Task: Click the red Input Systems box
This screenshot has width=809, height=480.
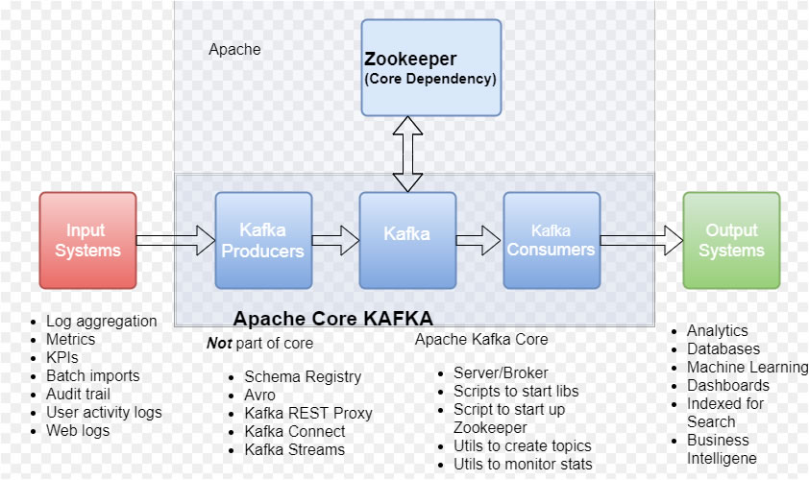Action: coord(87,240)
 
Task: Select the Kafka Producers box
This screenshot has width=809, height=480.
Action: coord(263,240)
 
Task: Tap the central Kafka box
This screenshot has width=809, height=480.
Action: coord(407,240)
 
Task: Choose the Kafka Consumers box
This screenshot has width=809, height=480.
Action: coord(552,240)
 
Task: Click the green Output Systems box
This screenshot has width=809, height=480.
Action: coord(731,240)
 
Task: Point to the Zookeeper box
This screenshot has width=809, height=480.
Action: coord(431,67)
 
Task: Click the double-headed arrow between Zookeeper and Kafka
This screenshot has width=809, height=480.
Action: coord(407,154)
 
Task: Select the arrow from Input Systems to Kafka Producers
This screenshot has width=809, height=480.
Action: coord(175,240)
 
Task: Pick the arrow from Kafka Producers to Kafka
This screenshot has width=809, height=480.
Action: coord(335,240)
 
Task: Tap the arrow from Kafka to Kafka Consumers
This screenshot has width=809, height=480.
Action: coord(478,240)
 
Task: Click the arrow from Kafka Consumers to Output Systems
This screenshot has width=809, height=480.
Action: coord(641,240)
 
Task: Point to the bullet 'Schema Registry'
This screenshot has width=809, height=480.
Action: coord(303,376)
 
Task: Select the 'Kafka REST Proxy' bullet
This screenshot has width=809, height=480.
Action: coord(307,413)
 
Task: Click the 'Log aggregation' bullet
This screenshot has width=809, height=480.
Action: coord(101,321)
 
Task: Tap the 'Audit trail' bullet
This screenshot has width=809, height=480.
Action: coord(78,394)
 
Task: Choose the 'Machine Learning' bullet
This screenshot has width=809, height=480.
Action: coord(747,367)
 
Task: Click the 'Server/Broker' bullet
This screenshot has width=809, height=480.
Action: coord(501,372)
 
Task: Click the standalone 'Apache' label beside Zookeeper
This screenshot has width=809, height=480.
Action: coord(234,49)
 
